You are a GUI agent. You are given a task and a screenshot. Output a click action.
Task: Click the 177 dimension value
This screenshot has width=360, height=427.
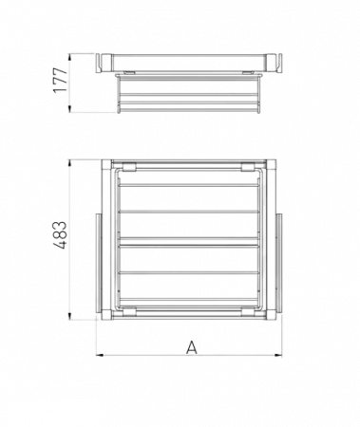61,80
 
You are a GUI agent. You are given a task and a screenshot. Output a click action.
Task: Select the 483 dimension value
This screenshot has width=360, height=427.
59,235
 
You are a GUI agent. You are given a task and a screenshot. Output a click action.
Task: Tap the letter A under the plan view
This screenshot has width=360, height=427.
192,347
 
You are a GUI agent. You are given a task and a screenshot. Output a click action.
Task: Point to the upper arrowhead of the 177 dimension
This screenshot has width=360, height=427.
69,57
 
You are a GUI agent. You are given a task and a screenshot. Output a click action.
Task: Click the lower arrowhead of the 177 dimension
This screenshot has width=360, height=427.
69,109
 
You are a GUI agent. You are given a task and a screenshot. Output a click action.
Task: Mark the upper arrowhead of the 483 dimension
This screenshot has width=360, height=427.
69,164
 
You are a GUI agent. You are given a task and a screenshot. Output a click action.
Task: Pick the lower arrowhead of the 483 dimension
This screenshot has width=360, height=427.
69,316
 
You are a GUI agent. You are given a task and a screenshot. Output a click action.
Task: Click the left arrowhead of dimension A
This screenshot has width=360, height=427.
100,355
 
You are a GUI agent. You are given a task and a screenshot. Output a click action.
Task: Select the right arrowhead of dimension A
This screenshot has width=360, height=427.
278,355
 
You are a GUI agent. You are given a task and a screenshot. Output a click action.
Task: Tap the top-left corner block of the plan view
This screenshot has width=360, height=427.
106,165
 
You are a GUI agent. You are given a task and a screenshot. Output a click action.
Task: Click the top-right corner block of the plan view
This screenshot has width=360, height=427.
271,165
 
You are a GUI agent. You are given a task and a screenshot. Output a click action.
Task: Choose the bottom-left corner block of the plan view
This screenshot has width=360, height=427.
106,315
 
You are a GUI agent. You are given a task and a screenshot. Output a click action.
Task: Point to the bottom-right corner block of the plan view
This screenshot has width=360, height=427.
271,315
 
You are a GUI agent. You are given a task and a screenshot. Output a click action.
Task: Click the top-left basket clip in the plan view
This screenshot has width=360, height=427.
130,167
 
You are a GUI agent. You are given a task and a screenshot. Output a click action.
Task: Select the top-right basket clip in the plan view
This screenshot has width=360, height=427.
248,167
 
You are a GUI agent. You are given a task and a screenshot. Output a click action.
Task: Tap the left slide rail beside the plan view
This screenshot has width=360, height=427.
99,264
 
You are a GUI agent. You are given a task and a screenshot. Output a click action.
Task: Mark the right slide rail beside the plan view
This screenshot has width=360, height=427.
279,264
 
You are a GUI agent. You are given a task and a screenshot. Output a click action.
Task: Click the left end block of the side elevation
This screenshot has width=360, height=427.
104,64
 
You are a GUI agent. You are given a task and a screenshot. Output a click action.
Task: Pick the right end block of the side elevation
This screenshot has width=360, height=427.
274,64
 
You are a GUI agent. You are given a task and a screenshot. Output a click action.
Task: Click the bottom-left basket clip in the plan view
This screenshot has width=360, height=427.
130,312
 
